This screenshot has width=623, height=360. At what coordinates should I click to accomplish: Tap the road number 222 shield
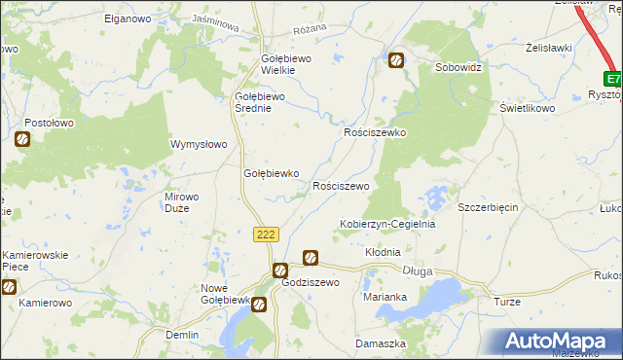tap(267, 234)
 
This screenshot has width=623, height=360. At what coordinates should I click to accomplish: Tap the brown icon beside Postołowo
tap(22, 140)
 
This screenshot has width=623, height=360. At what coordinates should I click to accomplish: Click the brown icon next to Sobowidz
tap(396, 61)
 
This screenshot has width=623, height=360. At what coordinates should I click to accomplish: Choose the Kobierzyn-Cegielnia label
tap(386, 224)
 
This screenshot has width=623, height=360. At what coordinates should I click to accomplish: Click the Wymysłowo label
tap(199, 144)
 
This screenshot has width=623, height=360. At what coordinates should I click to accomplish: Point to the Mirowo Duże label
tap(182, 201)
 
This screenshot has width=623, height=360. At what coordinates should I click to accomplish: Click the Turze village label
tap(507, 303)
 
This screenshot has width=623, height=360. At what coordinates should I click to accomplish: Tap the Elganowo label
tap(125, 18)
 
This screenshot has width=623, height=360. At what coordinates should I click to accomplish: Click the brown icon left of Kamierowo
tap(9, 287)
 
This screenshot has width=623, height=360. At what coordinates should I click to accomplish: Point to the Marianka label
tap(384, 297)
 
